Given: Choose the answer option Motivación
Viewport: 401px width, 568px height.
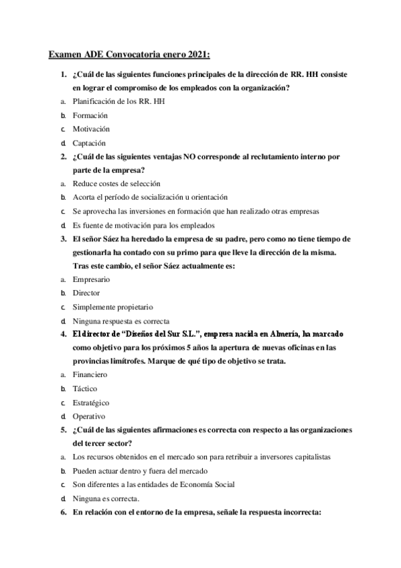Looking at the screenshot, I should click(x=91, y=129).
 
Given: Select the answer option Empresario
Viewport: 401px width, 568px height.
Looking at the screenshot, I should click(x=92, y=279).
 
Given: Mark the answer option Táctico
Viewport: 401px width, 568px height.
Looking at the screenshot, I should click(x=85, y=388).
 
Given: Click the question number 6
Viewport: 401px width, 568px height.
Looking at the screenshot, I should click(x=62, y=512).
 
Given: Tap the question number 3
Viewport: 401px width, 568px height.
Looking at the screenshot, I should click(x=62, y=238).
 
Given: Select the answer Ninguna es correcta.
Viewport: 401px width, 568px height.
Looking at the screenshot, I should click(x=106, y=498).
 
